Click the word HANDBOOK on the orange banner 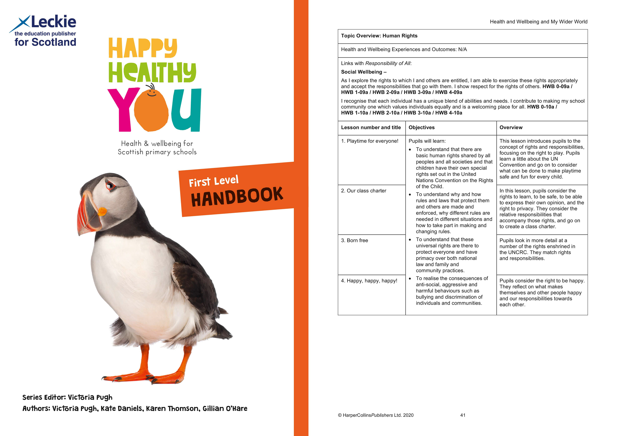click(237, 197)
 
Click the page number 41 click(463, 415)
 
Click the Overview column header click(511, 128)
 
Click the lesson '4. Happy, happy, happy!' click(369, 281)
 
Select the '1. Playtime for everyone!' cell click(370, 141)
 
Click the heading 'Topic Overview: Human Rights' click(379, 36)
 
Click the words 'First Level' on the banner click(214, 181)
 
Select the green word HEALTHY click(152, 73)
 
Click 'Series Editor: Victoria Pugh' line click(67, 397)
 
